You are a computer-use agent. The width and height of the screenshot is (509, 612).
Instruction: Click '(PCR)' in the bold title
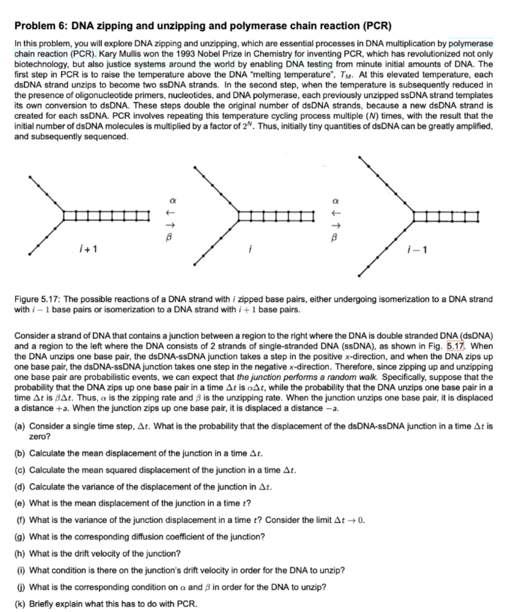click(x=376, y=26)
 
